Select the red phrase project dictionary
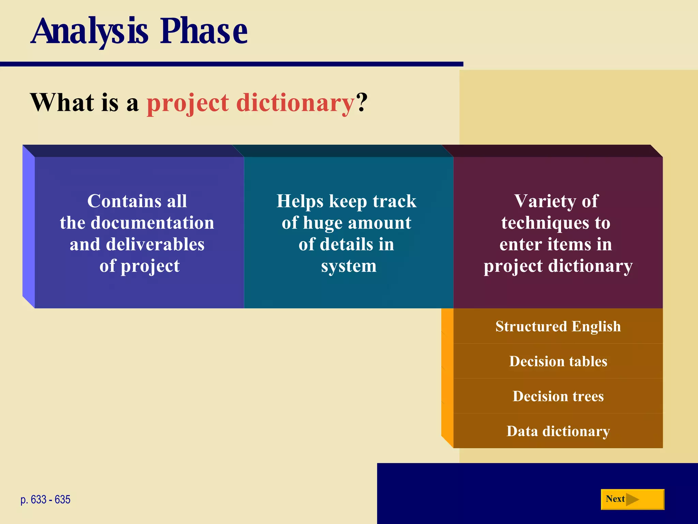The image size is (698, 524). [251, 103]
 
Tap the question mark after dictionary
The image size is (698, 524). [362, 102]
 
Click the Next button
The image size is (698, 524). [632, 499]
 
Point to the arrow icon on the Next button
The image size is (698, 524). [633, 499]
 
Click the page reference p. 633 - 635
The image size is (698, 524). [45, 499]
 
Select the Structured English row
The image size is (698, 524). [558, 326]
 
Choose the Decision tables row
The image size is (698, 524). [558, 361]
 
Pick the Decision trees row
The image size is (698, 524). [558, 396]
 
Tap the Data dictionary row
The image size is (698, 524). [558, 431]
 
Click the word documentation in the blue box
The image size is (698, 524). [152, 223]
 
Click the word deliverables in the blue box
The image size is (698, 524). [155, 245]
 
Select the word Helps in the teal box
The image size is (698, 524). [300, 201]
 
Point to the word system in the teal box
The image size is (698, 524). [349, 266]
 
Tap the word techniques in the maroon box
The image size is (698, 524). [545, 223]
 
